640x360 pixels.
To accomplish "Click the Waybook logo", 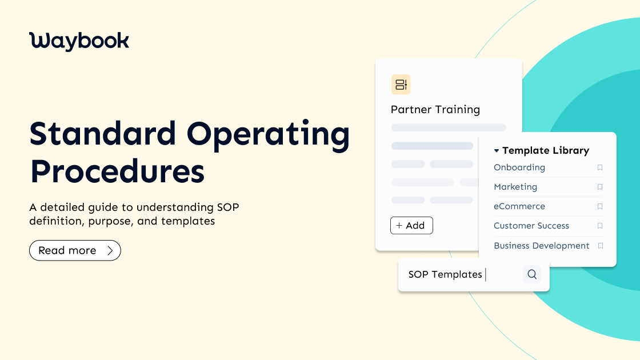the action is coord(79,41).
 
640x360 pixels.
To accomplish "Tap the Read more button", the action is coord(75,250).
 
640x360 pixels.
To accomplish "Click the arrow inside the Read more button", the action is coord(110,250).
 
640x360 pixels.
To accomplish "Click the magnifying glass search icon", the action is coord(532,274).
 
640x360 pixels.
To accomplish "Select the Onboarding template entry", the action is coord(519,167).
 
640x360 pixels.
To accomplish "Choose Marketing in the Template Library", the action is coord(515,187).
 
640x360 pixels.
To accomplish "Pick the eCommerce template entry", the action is coord(519,206).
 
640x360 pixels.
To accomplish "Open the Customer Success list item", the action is coord(531,226).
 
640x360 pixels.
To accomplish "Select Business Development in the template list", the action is coord(542,246).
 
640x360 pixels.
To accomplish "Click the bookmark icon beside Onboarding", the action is coord(600,167).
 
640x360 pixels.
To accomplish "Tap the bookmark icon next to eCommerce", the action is coord(600,206).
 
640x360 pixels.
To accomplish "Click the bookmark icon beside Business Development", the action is coord(601,246).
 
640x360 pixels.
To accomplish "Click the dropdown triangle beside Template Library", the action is coord(497,151).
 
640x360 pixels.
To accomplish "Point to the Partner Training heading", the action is coord(435,109).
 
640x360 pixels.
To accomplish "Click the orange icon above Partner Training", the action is coord(401,85).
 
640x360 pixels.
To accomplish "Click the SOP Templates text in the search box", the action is coord(445,274).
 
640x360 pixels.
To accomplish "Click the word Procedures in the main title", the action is coord(117,171).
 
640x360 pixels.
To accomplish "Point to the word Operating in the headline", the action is coord(268,135).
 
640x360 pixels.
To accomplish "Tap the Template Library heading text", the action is coord(546,151).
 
